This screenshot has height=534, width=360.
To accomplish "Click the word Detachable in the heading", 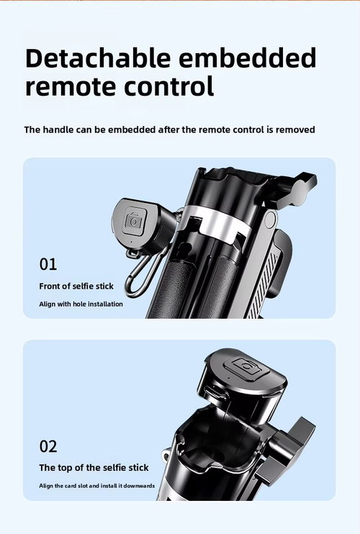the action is tap(98, 58).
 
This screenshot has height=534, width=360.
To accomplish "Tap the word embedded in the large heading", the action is tap(248, 58).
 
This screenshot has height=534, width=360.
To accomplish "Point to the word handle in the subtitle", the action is tap(58, 130).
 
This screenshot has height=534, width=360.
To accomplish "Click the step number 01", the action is tap(48, 264).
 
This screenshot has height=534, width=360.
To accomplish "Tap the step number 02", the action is tap(48, 446).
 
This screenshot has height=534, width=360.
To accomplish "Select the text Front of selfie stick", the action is tap(76, 286).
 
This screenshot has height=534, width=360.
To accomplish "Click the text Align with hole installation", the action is tap(81, 304).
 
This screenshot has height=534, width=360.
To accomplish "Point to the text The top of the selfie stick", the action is tap(94, 468).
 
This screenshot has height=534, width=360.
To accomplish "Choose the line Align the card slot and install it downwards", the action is tap(97, 486).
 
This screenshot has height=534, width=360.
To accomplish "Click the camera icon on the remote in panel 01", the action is tap(134, 222).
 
